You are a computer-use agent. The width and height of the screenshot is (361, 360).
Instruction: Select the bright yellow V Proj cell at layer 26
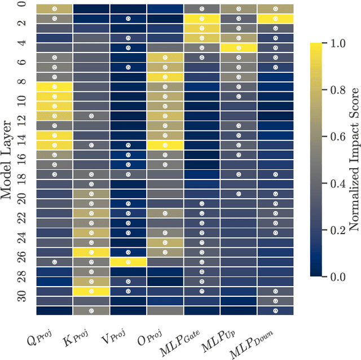pos(128,262)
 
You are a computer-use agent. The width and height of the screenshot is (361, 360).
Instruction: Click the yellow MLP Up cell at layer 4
pos(239,48)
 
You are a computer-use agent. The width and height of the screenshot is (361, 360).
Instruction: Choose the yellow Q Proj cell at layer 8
pos(55,86)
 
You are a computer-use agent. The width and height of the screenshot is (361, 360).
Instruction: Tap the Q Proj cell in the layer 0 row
pos(55,9)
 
